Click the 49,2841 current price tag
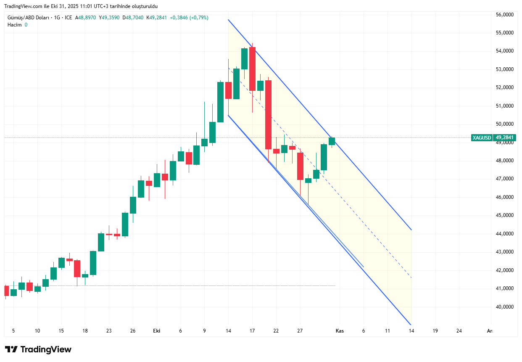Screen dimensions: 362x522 [x=505, y=137]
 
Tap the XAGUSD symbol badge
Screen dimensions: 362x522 [x=482, y=137]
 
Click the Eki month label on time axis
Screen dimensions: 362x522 [x=157, y=331]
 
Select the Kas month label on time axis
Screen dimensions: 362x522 [x=340, y=331]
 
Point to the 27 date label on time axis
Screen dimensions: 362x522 [x=300, y=331]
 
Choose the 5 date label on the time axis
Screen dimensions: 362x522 [x=13, y=331]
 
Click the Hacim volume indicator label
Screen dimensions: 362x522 [x=15, y=25]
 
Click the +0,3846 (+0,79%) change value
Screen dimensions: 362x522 [x=189, y=18]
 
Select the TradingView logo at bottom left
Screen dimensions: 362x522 [x=38, y=349]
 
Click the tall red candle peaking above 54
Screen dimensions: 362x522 [x=253, y=69]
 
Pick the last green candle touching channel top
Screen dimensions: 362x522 [x=332, y=141]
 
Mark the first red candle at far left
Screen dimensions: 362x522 [x=6, y=291]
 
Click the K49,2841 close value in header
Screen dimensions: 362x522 [x=156, y=18]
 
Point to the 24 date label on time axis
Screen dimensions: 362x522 [x=459, y=331]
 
